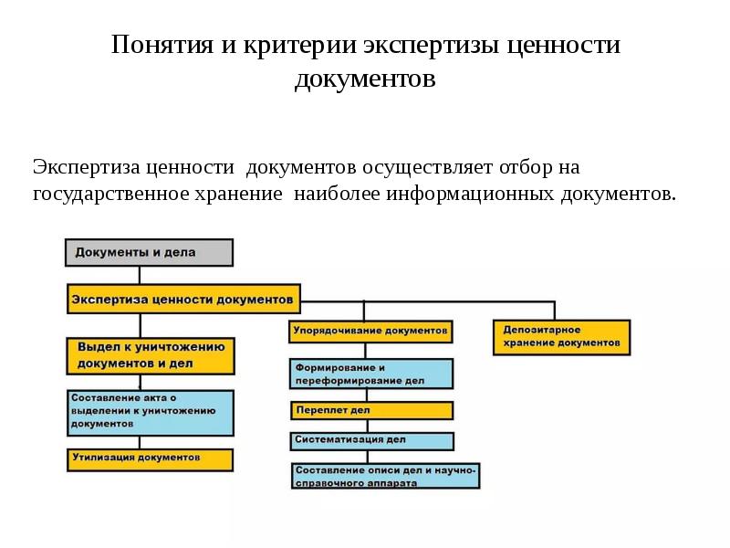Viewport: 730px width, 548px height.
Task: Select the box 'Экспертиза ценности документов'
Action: (183, 299)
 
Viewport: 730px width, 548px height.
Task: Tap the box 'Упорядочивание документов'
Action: (370, 330)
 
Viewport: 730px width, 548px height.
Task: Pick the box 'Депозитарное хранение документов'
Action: (561, 335)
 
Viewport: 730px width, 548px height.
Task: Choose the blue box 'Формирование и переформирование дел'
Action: (370, 374)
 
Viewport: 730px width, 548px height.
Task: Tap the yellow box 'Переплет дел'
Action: (370, 410)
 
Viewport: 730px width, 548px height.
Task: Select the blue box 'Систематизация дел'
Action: (370, 440)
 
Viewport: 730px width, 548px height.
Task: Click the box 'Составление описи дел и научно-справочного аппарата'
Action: (385, 476)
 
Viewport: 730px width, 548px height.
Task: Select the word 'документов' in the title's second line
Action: (365, 79)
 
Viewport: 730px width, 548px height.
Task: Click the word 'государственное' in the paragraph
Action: (110, 195)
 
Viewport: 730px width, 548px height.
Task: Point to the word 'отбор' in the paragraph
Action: (525, 168)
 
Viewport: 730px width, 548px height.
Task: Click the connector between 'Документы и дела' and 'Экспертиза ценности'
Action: (141, 275)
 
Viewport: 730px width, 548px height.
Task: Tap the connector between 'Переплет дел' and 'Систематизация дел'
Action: (370, 425)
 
